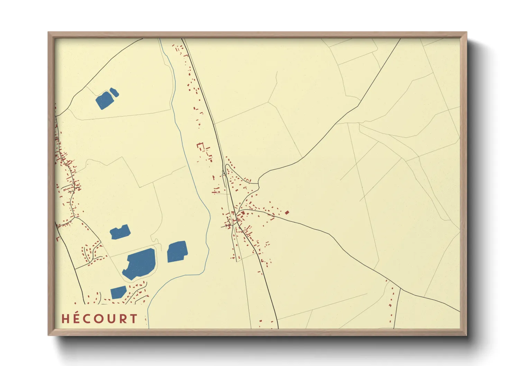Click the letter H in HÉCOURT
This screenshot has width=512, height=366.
click(x=65, y=319)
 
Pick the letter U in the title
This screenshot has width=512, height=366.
click(x=111, y=319)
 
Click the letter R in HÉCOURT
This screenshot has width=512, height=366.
click(x=123, y=319)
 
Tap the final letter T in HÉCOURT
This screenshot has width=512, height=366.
click(x=134, y=319)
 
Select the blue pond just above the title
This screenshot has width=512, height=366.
click(x=118, y=292)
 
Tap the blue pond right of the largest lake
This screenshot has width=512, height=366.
click(x=177, y=251)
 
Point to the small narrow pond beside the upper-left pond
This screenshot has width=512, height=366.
click(x=114, y=92)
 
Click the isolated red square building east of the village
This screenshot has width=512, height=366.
click(x=287, y=212)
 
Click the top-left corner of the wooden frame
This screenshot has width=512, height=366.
click(x=49, y=33)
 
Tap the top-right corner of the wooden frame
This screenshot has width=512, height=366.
click(x=466, y=33)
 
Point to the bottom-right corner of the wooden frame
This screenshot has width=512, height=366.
click(x=466, y=335)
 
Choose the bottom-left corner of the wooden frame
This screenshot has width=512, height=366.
click(x=49, y=335)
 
